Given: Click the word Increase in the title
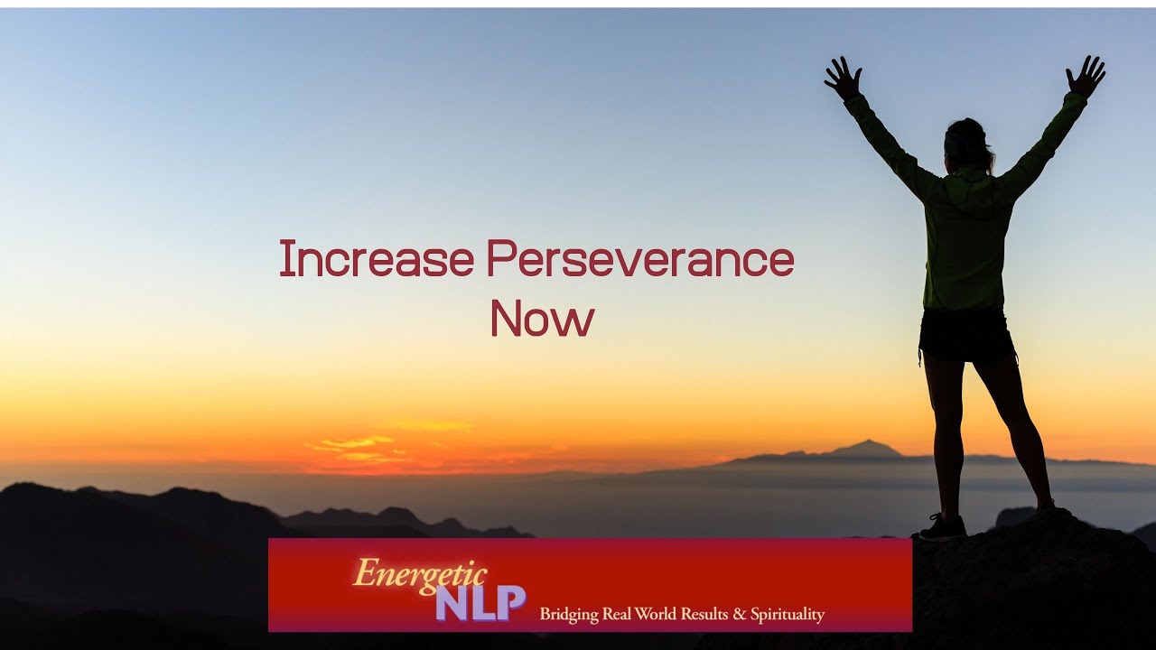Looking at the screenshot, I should click(x=376, y=259).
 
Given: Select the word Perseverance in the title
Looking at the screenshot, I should click(x=640, y=259).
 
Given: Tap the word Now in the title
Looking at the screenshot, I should click(x=542, y=319).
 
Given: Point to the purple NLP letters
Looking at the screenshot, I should click(x=480, y=602).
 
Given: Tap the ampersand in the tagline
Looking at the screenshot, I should click(x=740, y=615).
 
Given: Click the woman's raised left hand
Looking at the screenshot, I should click(x=844, y=79).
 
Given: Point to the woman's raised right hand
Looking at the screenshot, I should click(x=1085, y=78).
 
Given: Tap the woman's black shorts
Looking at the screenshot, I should click(x=966, y=335).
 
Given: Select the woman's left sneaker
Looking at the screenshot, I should click(x=942, y=527).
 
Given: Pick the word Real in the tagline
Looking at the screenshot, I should click(x=620, y=615).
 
